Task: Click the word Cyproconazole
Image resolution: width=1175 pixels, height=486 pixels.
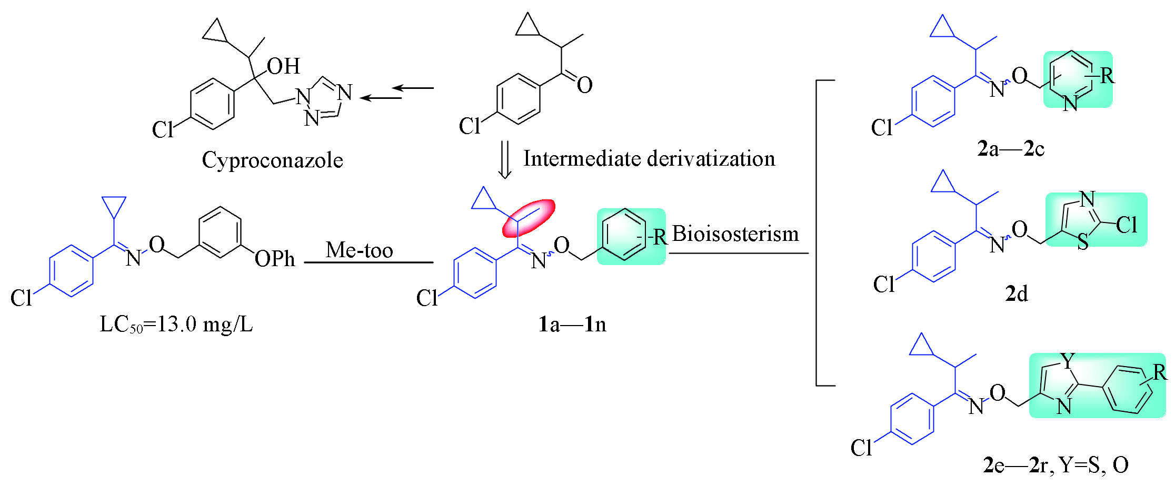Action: [272, 160]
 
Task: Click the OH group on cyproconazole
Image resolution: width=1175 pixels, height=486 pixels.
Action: [283, 66]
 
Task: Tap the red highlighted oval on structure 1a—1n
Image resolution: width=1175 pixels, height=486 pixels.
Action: [529, 217]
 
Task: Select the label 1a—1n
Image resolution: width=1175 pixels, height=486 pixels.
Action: [572, 324]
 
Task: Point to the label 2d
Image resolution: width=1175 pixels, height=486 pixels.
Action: [1016, 293]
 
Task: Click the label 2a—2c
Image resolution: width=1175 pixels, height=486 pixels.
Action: [1010, 149]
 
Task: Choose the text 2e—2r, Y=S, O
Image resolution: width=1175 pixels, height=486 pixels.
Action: [1055, 464]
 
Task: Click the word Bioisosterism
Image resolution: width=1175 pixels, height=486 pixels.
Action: [735, 234]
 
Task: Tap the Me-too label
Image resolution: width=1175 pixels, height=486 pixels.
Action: [359, 250]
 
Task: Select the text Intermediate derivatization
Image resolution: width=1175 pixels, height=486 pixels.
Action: [649, 158]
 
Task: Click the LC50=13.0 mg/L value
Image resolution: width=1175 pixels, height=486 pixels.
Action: [176, 325]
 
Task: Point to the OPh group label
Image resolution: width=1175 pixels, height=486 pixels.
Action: [274, 259]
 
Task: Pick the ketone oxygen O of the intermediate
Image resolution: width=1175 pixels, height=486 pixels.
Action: [584, 85]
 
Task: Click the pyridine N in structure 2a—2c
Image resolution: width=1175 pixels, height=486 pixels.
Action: [1070, 104]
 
